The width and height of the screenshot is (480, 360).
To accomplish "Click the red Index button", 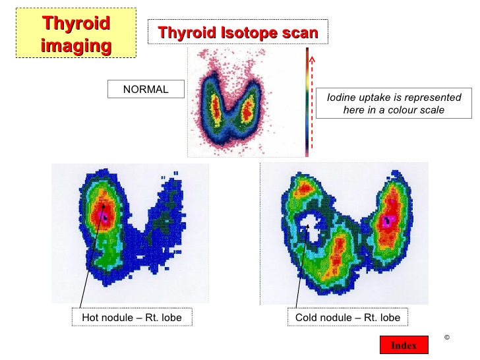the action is coord(404,345).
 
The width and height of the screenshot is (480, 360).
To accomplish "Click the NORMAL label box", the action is coord(146,89).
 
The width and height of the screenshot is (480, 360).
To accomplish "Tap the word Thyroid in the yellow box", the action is coord(76,22).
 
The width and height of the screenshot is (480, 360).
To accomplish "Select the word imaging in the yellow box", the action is coord(76,45).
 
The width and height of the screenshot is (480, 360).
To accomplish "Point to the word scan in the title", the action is coord(300,33).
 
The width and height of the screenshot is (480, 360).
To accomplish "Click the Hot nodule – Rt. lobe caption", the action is coord(132,317).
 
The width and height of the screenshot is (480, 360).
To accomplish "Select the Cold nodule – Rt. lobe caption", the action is coord(347,317).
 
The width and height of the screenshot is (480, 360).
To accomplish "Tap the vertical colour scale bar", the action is coord(307,102).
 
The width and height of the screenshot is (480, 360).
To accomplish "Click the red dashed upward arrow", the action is coord(312,102).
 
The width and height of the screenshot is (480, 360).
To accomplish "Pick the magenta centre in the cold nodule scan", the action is coord(388,220).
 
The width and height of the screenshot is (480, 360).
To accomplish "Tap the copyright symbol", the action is coord(447,338).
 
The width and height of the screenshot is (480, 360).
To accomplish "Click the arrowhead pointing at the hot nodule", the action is coord(103,206).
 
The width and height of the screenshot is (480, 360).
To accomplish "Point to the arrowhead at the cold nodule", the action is coord(308,227).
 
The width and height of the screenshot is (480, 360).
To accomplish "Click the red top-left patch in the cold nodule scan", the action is coord(305,188).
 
